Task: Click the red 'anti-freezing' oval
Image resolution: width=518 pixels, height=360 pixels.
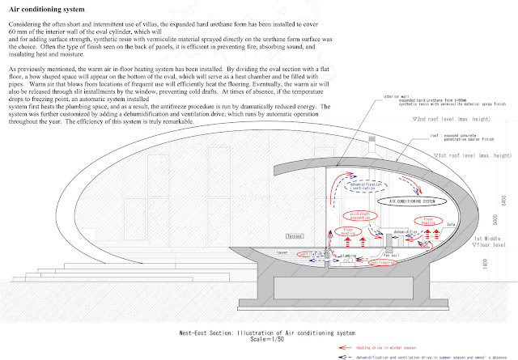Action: pyautogui.click(x=382, y=262)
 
